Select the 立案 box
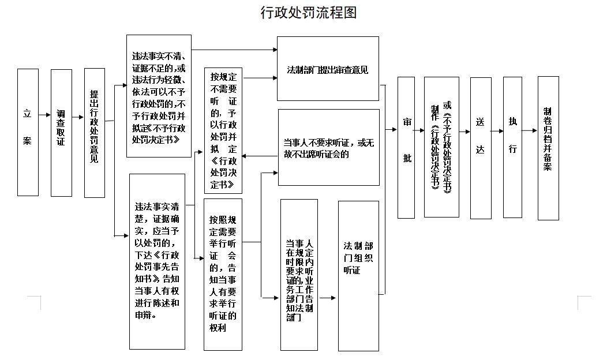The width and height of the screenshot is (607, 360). coord(28,132)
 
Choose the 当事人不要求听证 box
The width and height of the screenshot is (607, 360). coord(329,148)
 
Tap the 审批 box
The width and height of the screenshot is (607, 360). coord(406,148)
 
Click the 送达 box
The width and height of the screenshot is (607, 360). coord(481,148)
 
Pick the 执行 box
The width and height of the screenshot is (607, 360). coord(512,147)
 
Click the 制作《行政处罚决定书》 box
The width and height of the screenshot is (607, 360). coord(441,148)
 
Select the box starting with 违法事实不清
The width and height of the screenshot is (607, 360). coord(159,96)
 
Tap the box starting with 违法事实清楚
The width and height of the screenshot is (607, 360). coord(157,261)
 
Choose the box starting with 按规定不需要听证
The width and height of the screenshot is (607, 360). coord(223,130)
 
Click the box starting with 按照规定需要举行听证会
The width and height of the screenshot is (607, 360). coord(223,274)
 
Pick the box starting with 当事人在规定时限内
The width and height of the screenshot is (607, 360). coord(299,274)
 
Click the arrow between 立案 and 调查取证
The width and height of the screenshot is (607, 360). coord(44,115)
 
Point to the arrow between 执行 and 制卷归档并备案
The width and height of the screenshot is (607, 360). coord(530,130)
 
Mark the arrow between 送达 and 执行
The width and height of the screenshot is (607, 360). coord(497,130)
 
